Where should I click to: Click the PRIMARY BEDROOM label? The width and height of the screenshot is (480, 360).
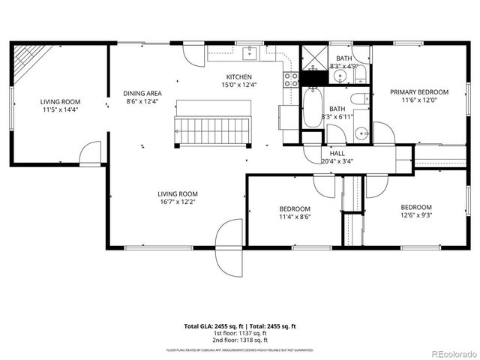[x=418, y=92]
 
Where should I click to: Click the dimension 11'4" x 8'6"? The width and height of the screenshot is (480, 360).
[x=295, y=217]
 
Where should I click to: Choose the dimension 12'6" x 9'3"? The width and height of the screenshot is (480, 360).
[x=415, y=216]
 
